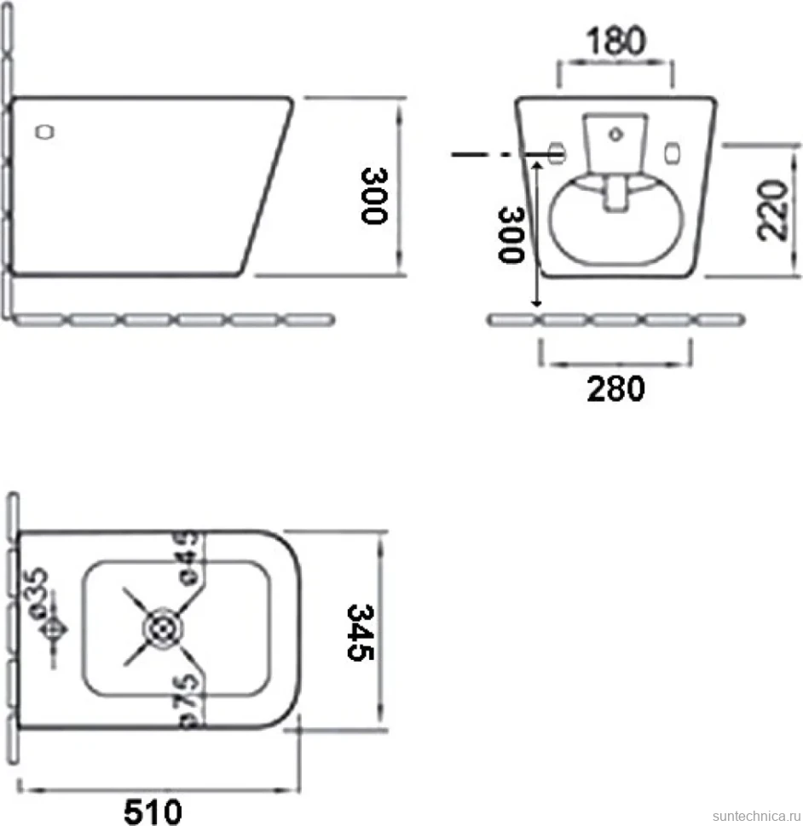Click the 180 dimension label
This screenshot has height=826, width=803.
point(615,41)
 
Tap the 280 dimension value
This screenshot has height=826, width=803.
point(615,388)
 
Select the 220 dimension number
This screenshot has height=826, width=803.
point(772,209)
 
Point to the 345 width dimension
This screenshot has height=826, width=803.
point(361,632)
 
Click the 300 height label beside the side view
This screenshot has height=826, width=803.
point(374,196)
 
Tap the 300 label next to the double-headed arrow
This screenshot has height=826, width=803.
point(511,234)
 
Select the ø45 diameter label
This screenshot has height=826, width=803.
point(188,559)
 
